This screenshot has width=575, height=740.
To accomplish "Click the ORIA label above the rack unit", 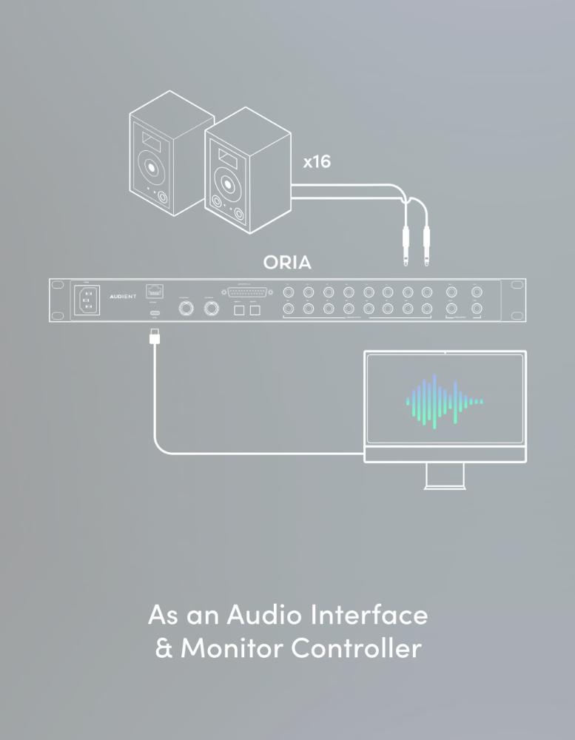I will pyautogui.click(x=287, y=263).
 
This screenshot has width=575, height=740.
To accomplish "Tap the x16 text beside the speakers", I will pyautogui.click(x=317, y=161).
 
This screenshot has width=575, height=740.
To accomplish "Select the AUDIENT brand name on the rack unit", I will pyautogui.click(x=123, y=294).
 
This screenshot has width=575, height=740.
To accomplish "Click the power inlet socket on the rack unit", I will pyautogui.click(x=87, y=300).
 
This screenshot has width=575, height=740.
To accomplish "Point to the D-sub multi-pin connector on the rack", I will pyautogui.click(x=246, y=292).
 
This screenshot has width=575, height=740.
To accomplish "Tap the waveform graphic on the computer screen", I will pyautogui.click(x=443, y=402).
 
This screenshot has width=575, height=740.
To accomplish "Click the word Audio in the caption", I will pyautogui.click(x=263, y=614).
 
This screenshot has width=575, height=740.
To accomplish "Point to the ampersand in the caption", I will pyautogui.click(x=163, y=649).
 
